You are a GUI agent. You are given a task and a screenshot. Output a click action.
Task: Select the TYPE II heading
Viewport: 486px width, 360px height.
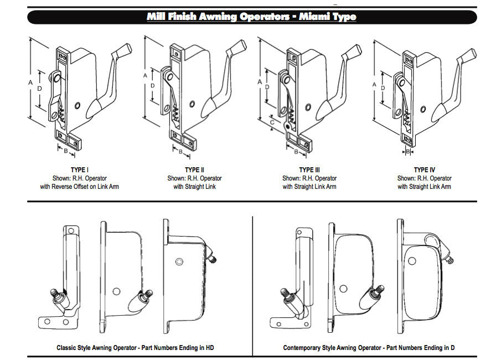pyautogui.click(x=194, y=169)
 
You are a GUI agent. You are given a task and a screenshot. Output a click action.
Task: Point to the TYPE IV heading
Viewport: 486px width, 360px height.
pyautogui.click(x=424, y=169)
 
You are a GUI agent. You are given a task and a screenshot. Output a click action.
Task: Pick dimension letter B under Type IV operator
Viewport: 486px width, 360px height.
pyautogui.click(x=408, y=151)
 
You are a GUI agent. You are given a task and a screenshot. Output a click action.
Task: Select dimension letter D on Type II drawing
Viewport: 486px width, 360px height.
pyautogui.click(x=153, y=86)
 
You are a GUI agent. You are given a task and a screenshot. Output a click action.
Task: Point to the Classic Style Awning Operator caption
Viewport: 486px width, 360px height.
pyautogui.click(x=135, y=348)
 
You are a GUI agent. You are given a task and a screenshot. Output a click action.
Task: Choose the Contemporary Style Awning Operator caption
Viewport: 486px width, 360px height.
pyautogui.click(x=369, y=348)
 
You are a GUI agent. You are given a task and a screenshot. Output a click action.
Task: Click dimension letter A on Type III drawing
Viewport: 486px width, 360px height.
pyautogui.click(x=260, y=81)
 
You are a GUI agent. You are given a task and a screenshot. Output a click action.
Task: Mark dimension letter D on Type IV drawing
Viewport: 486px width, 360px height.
pyautogui.click(x=382, y=87)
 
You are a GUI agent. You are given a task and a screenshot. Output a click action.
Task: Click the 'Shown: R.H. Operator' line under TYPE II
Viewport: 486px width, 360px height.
pyautogui.click(x=194, y=178)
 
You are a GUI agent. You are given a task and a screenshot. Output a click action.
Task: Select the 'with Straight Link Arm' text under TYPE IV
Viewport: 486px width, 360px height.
pyautogui.click(x=424, y=187)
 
